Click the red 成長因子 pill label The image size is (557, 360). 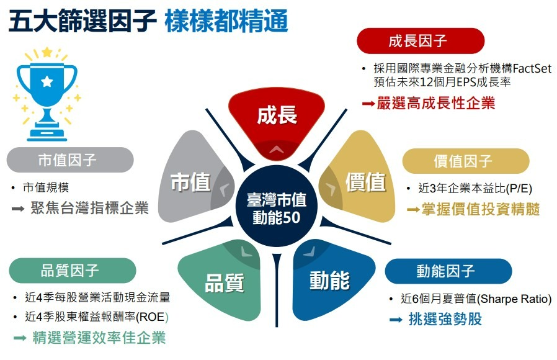click(421, 41)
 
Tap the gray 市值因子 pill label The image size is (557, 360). click(70, 160)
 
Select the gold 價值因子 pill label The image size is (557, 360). click(465, 161)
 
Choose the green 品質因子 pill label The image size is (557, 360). click(72, 271)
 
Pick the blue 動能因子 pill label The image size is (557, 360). click(448, 271)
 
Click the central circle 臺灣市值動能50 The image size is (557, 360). click(277, 206)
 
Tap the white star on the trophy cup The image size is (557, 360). click(47, 81)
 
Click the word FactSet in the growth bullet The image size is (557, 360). click(532, 68)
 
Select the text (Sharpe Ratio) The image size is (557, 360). click(514, 299)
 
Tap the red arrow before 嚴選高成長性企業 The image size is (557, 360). click(368, 104)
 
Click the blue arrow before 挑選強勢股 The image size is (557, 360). click(396, 320)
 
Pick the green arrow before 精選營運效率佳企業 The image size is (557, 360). click(20, 338)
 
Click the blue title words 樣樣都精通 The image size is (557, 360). click(226, 20)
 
